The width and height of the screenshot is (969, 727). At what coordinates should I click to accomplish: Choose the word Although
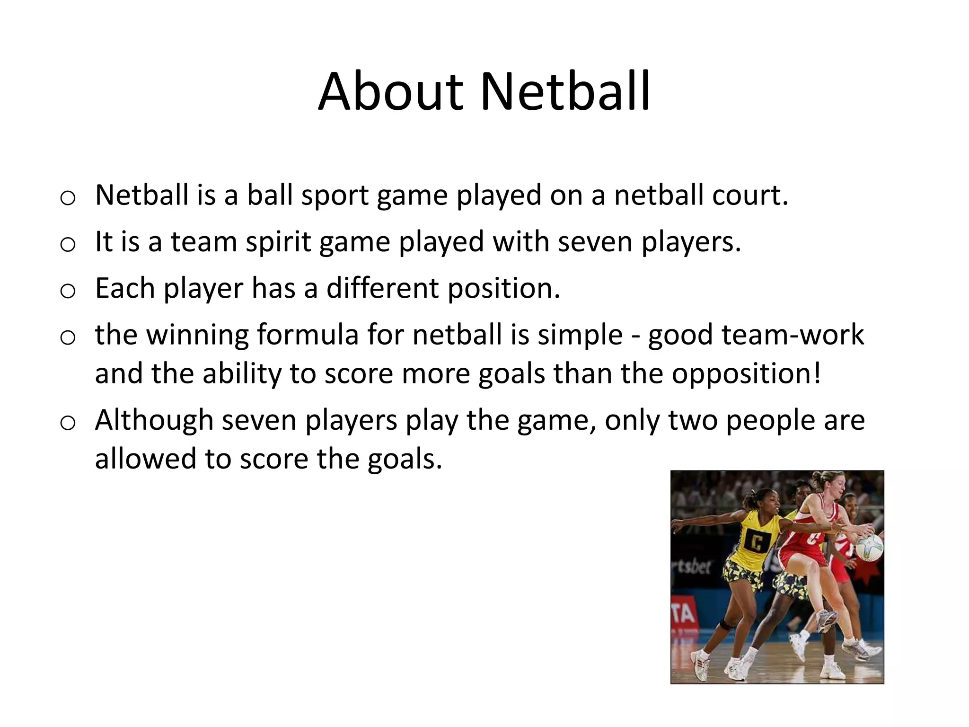click(x=154, y=420)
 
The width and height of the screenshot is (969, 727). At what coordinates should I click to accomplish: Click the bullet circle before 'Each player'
click(x=68, y=291)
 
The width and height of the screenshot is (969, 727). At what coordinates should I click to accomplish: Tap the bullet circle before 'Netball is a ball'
click(x=68, y=198)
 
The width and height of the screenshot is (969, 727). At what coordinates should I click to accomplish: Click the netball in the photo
click(x=869, y=547)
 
